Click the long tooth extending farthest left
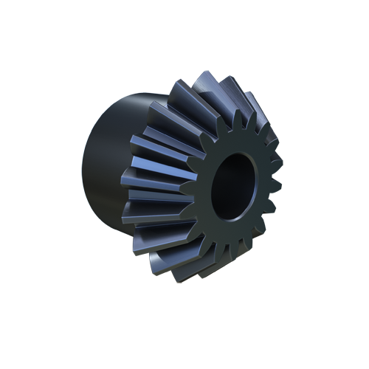pyautogui.click(x=148, y=177)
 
